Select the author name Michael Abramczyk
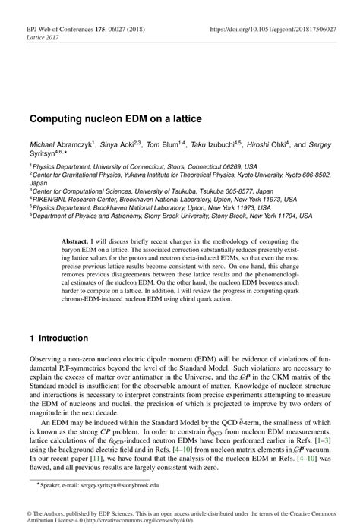pyautogui.click(x=60, y=144)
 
